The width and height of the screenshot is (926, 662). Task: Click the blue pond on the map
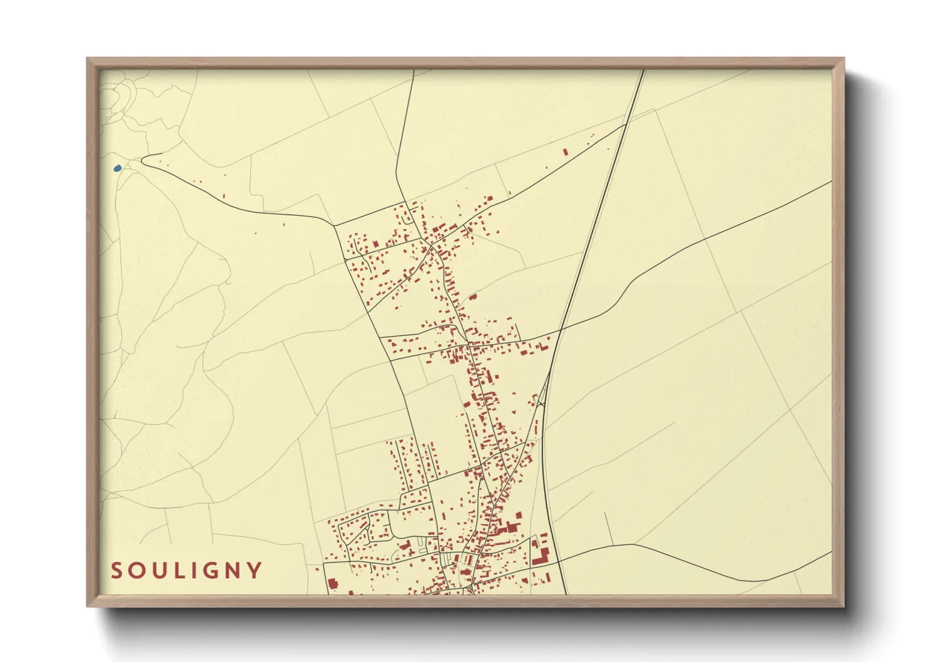pyautogui.click(x=117, y=168)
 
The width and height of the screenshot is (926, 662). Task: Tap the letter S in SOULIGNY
pyautogui.click(x=117, y=571)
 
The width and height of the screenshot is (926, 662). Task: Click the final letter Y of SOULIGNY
pyautogui.click(x=254, y=571)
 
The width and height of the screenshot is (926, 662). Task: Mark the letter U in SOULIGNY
pyautogui.click(x=160, y=571)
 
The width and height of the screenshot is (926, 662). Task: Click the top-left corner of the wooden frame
pyautogui.click(x=88, y=59)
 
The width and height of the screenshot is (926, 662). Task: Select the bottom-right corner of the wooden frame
pyautogui.click(x=843, y=606)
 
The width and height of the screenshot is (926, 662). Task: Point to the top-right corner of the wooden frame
pyautogui.click(x=843, y=59)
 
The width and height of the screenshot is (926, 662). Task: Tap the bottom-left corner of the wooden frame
pyautogui.click(x=88, y=606)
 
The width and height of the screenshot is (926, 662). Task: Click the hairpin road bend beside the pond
pyautogui.click(x=143, y=161)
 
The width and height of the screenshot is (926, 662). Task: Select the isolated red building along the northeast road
pyautogui.click(x=566, y=151)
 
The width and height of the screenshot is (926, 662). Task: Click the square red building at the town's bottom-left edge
pyautogui.click(x=333, y=584)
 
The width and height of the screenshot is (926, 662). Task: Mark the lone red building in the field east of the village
pyautogui.click(x=473, y=297)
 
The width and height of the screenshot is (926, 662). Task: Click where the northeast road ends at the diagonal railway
pyautogui.click(x=626, y=125)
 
